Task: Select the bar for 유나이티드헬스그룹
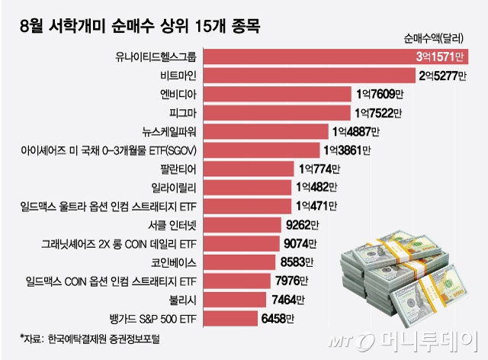305,57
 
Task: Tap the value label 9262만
300,225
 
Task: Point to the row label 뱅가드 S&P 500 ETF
155,318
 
